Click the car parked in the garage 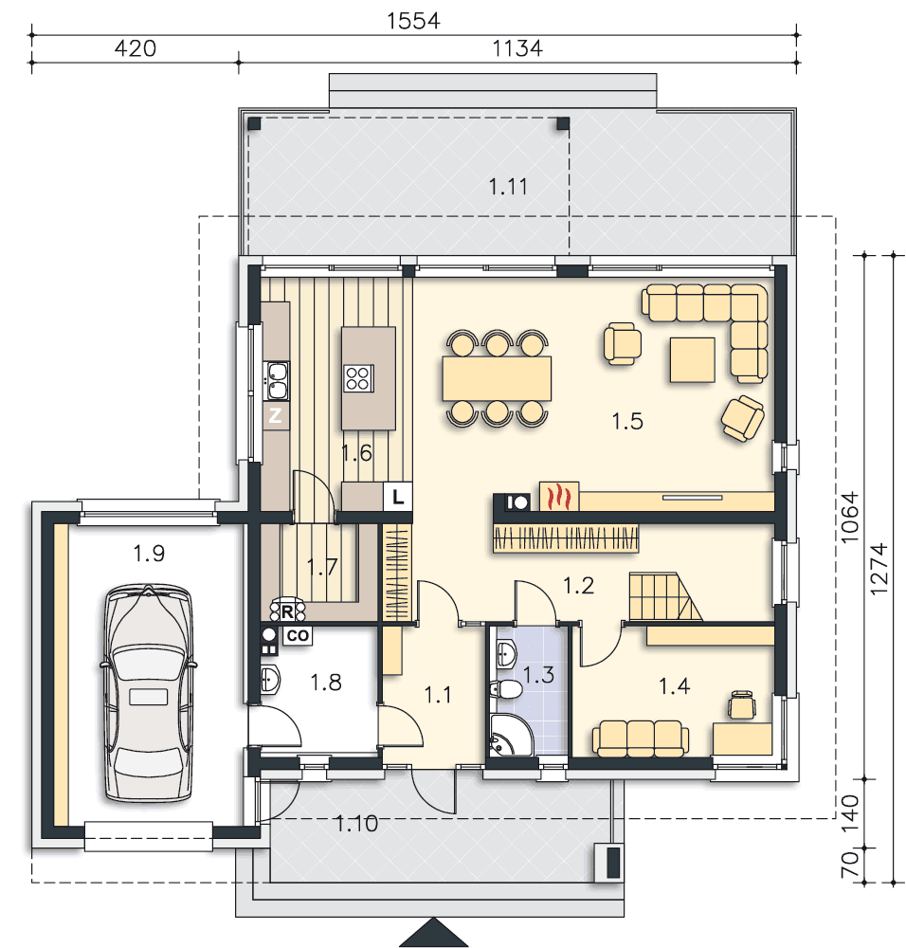pos(149,693)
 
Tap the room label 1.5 pos(627,421)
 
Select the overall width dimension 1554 pos(413,21)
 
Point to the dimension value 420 pos(136,47)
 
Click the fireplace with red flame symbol pos(559,497)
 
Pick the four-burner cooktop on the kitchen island pos(358,378)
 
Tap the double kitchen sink pos(277,381)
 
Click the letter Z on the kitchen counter pos(275,416)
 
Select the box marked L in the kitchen pos(398,497)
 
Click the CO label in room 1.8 pos(298,636)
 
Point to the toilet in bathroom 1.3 pos(505,688)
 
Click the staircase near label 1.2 pos(665,597)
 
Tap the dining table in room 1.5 pos(497,378)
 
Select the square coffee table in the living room pos(693,360)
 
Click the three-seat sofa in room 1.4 pos(641,738)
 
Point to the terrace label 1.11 pos(508,186)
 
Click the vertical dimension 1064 pos(849,517)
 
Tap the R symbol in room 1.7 pos(287,611)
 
